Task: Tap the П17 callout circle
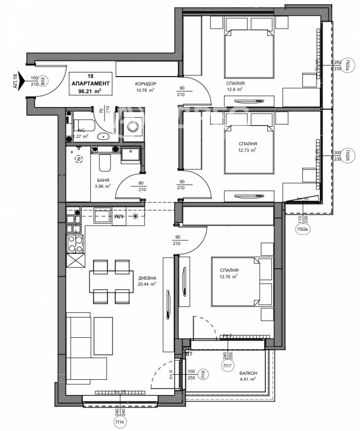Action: click(x=227, y=366)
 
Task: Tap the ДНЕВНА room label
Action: click(x=147, y=278)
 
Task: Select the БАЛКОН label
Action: click(x=247, y=373)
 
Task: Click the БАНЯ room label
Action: click(x=103, y=180)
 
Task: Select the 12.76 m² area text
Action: click(x=229, y=277)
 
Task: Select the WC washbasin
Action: click(x=103, y=137)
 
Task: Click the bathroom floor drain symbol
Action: click(x=78, y=159)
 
